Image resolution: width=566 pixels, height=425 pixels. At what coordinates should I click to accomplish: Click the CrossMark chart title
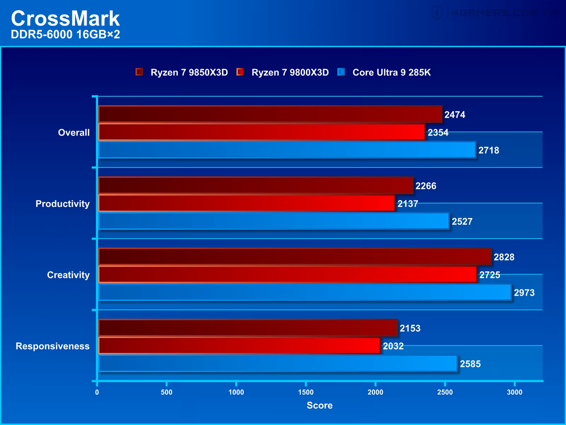pyautogui.click(x=65, y=18)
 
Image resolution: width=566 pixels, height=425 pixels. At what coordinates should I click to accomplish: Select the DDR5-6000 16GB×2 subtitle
pyautogui.click(x=65, y=35)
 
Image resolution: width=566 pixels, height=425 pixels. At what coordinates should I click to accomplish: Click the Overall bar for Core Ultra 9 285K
pyautogui.click(x=287, y=150)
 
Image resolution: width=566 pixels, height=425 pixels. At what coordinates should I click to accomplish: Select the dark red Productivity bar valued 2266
pyautogui.click(x=255, y=186)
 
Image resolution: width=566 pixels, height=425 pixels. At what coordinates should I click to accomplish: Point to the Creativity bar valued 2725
pyautogui.click(x=287, y=274)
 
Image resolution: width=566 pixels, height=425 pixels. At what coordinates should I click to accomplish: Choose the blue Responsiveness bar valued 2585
pyautogui.click(x=277, y=364)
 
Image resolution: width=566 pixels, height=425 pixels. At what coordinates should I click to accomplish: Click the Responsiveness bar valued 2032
pyautogui.click(x=239, y=346)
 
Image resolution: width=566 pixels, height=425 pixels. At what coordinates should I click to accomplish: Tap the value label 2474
pyautogui.click(x=455, y=115)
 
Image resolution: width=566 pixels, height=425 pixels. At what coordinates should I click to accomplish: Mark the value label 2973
pyautogui.click(x=524, y=293)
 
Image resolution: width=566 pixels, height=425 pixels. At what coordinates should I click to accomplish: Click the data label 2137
pyautogui.click(x=408, y=204)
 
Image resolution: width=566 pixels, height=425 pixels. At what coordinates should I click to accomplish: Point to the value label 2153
pyautogui.click(x=410, y=328)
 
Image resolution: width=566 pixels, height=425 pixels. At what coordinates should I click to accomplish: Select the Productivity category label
pyautogui.click(x=63, y=204)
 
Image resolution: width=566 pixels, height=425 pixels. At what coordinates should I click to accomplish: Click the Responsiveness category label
pyautogui.click(x=53, y=346)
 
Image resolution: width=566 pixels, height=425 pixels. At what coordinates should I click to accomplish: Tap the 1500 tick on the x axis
pyautogui.click(x=306, y=392)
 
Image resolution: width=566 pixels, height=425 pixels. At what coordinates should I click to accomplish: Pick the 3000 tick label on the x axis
pyautogui.click(x=514, y=392)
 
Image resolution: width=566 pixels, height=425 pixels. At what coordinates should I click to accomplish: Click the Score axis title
pyautogui.click(x=319, y=406)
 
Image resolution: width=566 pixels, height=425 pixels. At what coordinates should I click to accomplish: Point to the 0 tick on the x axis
pyautogui.click(x=97, y=392)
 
